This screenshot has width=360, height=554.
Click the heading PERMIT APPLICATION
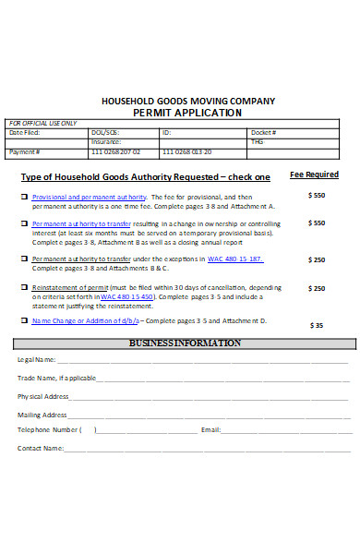point(187,113)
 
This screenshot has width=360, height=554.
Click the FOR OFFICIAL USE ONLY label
point(42,123)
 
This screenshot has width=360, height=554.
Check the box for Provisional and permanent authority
point(24,198)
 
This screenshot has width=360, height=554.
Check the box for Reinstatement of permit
point(24,288)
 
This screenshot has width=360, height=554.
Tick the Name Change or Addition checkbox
point(24,321)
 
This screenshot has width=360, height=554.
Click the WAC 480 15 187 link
point(234,259)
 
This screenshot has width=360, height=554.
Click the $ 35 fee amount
point(317,325)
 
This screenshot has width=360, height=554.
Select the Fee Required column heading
point(314,174)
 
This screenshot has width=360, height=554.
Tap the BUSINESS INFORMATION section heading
point(186,343)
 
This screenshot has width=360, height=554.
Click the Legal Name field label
point(37,359)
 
